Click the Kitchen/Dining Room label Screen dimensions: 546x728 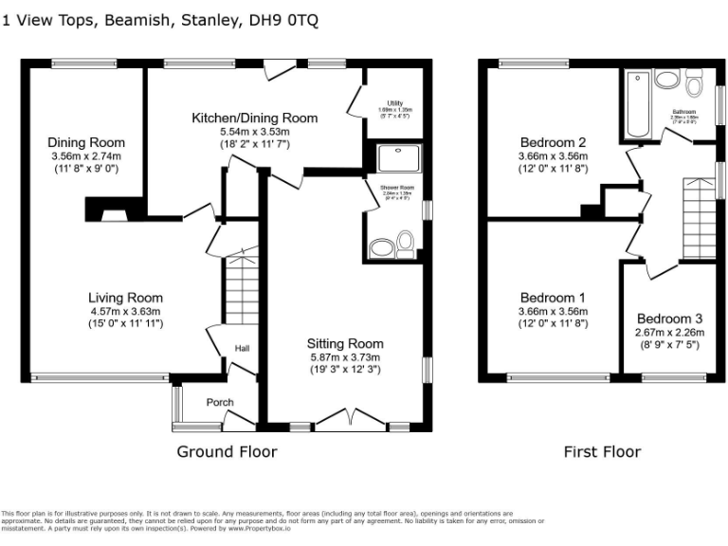point(254,118)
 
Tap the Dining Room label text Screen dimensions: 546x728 point(86,142)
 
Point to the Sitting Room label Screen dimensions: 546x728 point(345,343)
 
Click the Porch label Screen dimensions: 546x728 point(220,403)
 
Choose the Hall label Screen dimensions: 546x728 point(243,350)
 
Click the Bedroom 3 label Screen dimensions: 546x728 point(669,318)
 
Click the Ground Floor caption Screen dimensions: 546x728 point(227,451)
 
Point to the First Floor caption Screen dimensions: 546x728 point(602,451)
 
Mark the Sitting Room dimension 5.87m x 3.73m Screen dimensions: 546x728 point(345,357)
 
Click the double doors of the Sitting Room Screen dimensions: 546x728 point(344,418)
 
